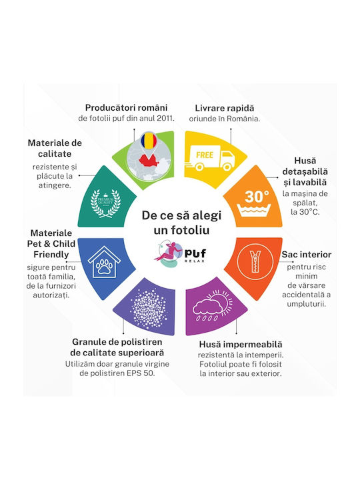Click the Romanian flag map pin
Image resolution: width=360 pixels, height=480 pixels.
click(x=149, y=141)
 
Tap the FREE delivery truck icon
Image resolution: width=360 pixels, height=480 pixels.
click(x=210, y=158)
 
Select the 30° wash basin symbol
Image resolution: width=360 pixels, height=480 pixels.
click(x=254, y=203)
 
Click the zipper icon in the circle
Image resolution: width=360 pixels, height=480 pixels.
click(x=255, y=261)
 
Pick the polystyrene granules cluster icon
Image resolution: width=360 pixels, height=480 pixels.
click(x=149, y=307)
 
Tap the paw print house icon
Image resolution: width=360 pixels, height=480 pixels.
click(x=104, y=262)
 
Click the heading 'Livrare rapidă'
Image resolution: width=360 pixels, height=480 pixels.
click(x=225, y=108)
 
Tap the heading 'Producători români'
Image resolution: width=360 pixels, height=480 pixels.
click(x=127, y=108)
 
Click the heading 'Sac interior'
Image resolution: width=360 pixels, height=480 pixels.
click(x=307, y=255)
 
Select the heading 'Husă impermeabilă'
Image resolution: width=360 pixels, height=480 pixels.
click(x=241, y=345)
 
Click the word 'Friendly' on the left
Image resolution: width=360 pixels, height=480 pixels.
click(x=51, y=255)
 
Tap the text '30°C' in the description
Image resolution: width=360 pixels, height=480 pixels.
click(x=309, y=212)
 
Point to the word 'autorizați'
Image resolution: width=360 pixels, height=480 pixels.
click(x=51, y=295)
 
